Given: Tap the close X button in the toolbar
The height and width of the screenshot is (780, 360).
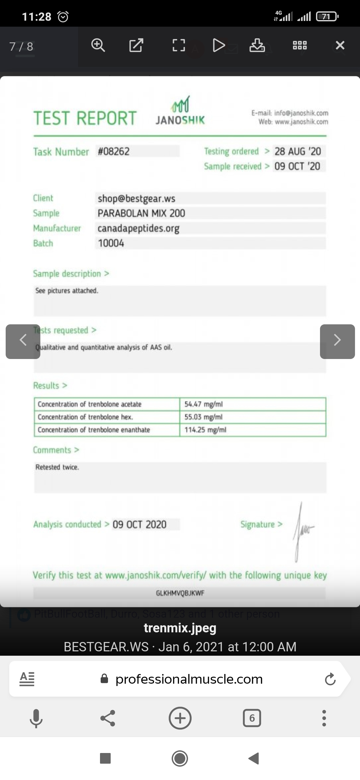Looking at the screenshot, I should click(x=340, y=45).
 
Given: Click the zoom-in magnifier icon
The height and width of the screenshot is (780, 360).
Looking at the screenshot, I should click(x=98, y=45).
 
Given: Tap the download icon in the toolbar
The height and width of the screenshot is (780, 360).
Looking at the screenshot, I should click(x=257, y=45).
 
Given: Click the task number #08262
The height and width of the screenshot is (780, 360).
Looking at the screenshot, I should click(x=114, y=151).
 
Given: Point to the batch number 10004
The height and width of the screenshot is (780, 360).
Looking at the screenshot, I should click(x=111, y=243).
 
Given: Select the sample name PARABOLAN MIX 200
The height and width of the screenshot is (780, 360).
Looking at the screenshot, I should click(x=141, y=213).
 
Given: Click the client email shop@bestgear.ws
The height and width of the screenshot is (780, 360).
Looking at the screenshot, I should click(x=136, y=199).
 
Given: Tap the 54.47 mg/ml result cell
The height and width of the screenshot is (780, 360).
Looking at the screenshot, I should click(x=204, y=404).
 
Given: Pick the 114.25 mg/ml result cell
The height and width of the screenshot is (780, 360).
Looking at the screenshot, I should click(x=205, y=430).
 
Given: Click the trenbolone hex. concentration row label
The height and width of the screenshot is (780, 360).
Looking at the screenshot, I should click(x=85, y=417).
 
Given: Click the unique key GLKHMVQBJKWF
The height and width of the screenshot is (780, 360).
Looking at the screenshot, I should click(x=180, y=593).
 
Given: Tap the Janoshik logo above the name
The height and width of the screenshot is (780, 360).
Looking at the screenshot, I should click(x=180, y=104).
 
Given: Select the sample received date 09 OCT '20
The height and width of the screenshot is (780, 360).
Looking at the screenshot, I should click(x=297, y=166).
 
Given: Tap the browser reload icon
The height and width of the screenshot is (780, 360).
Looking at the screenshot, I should click(x=330, y=679).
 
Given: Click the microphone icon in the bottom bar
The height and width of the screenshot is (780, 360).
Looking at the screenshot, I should click(x=36, y=718).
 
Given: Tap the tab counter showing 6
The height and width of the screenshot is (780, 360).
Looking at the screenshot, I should click(x=252, y=718).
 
